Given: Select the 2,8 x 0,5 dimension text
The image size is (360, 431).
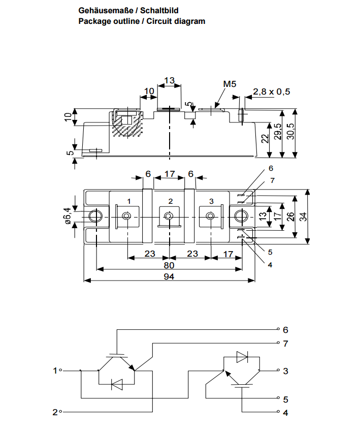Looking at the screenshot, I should click(x=272, y=91).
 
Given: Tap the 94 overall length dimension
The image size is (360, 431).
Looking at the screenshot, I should click(x=170, y=276).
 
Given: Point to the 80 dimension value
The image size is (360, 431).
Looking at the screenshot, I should click(x=169, y=265).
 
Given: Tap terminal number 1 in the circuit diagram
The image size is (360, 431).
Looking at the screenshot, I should click(x=55, y=371).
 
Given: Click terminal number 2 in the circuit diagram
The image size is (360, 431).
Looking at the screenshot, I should click(x=55, y=412).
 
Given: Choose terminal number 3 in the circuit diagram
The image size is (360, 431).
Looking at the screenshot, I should click(x=286, y=371).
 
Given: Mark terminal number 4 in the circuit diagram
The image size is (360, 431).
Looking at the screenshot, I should click(x=286, y=412).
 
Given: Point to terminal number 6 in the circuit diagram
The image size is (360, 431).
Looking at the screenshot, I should click(x=286, y=329).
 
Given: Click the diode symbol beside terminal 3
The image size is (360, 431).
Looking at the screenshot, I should click(x=242, y=357).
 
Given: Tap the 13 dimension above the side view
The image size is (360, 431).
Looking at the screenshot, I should click(x=169, y=80).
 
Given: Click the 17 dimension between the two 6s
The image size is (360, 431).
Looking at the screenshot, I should click(x=170, y=174).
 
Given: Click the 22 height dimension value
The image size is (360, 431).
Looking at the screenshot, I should click(x=265, y=139).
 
